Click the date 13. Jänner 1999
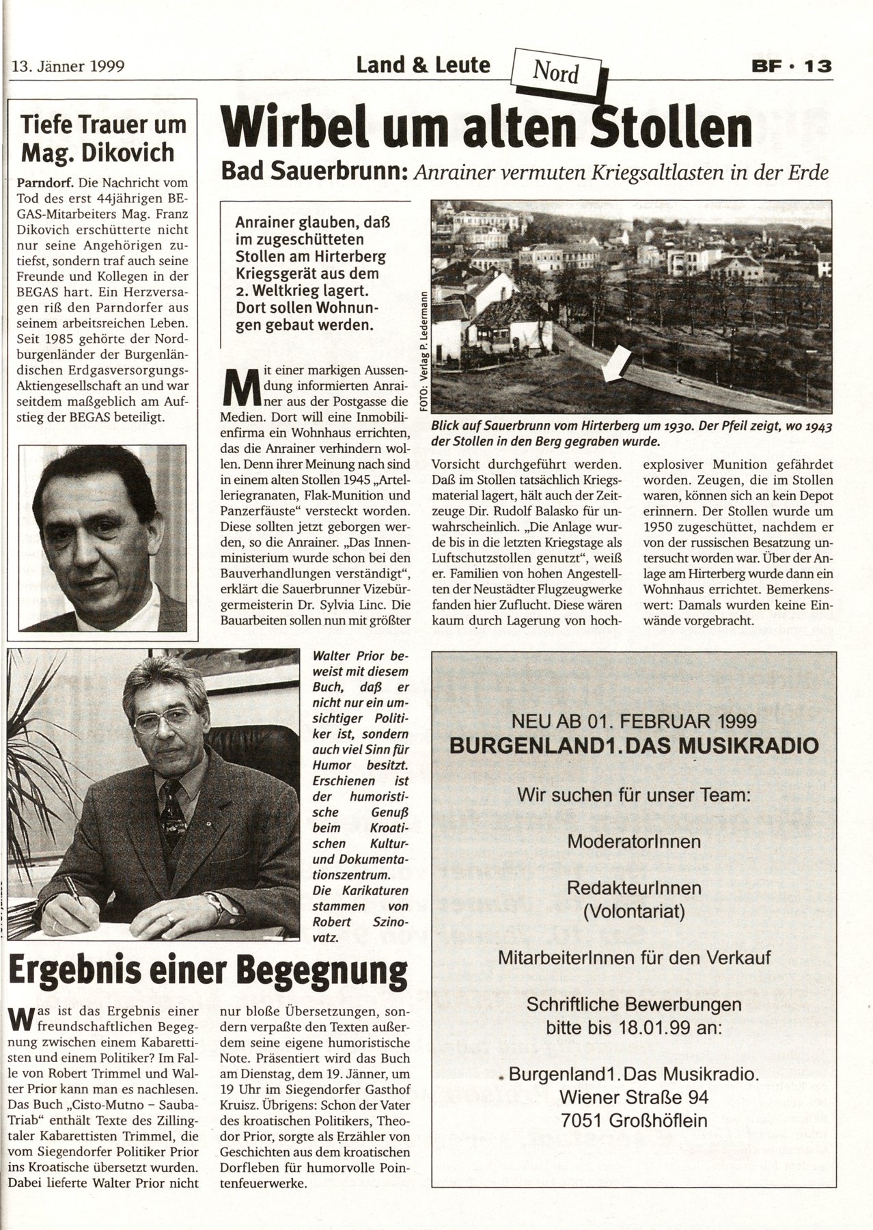[x=68, y=67]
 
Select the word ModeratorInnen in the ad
[x=634, y=840]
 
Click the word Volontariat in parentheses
[x=634, y=910]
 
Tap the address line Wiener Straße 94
[x=634, y=1097]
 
